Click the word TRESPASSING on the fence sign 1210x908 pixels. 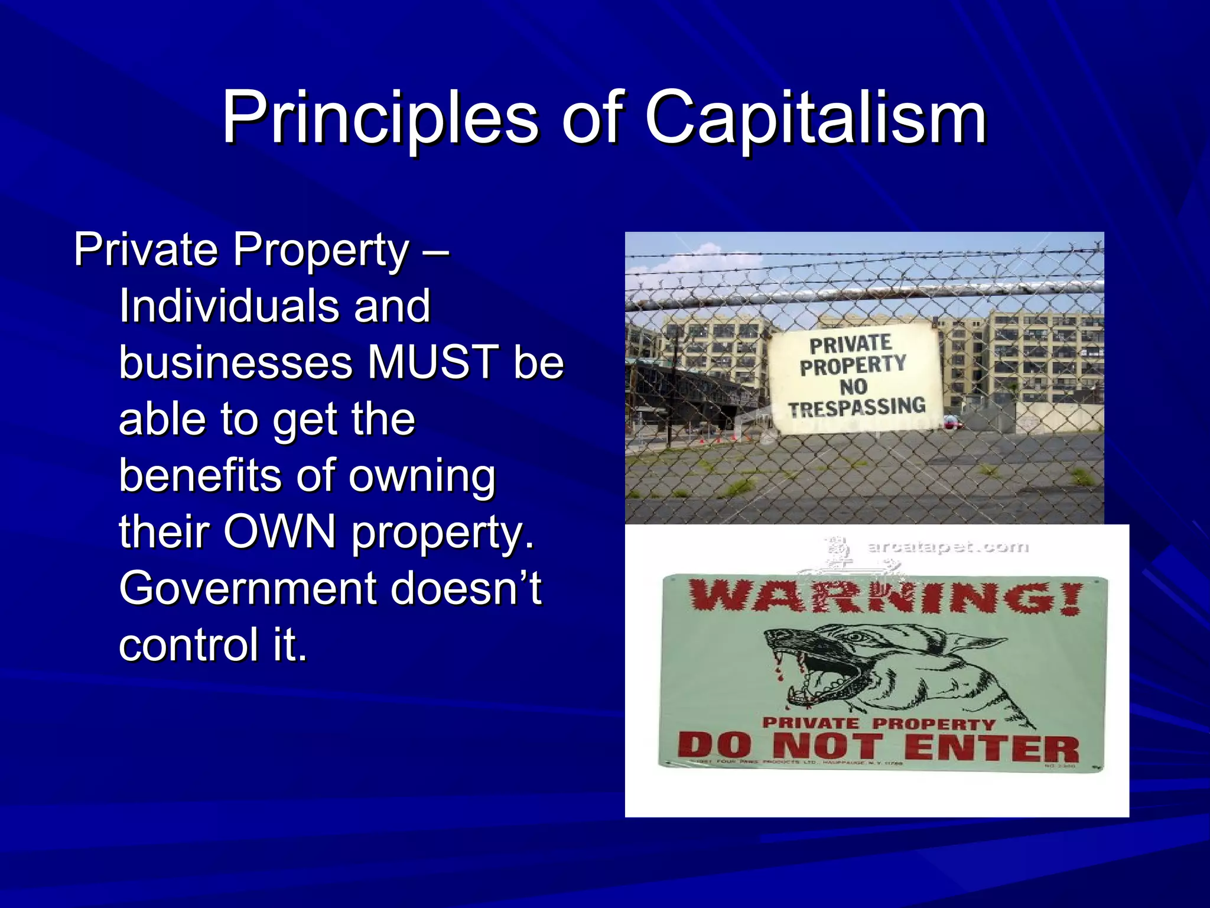(x=857, y=407)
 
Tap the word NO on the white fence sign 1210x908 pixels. (x=853, y=387)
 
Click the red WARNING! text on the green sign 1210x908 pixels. (x=886, y=598)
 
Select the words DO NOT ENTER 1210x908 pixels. (x=878, y=748)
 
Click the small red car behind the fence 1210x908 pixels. (x=951, y=422)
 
